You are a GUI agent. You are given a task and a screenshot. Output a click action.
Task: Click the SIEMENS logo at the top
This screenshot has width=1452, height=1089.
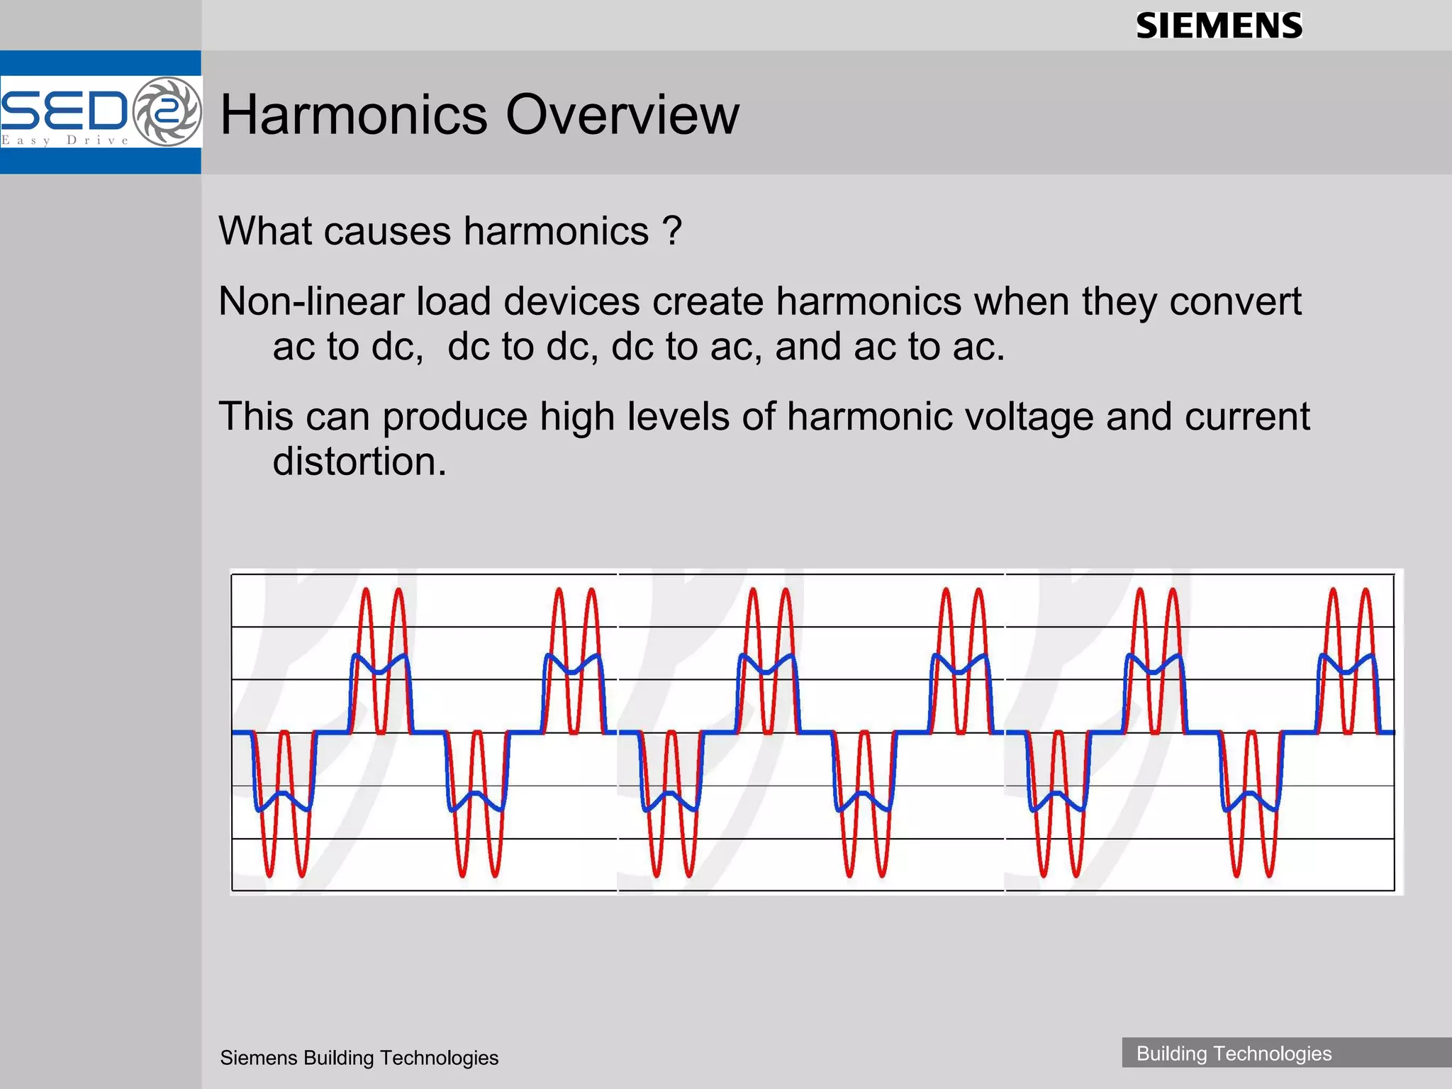tap(1219, 26)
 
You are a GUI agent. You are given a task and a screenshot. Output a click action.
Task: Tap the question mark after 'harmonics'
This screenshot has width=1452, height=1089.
tap(671, 231)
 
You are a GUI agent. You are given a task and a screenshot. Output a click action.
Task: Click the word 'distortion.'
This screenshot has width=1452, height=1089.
tap(359, 462)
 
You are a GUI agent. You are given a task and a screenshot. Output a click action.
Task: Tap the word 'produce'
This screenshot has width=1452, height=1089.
tap(454, 416)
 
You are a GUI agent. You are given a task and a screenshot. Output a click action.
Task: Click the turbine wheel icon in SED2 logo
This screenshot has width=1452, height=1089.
tap(167, 111)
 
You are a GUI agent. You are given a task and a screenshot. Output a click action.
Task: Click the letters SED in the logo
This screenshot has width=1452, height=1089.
tap(64, 111)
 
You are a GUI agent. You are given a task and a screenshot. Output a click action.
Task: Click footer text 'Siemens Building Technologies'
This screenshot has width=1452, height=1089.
tap(359, 1058)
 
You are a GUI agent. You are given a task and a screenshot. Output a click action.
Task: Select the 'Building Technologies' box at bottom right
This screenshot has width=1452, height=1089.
tap(1234, 1053)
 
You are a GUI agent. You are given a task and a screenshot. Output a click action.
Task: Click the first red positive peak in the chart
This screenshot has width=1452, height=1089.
tap(367, 590)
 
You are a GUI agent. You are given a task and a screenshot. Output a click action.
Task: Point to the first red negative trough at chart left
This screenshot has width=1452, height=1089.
tap(269, 875)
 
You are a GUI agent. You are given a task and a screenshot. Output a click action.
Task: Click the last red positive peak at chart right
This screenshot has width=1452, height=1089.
tap(1366, 590)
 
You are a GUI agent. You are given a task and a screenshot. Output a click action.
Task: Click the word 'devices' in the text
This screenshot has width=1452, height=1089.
tap(571, 301)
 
